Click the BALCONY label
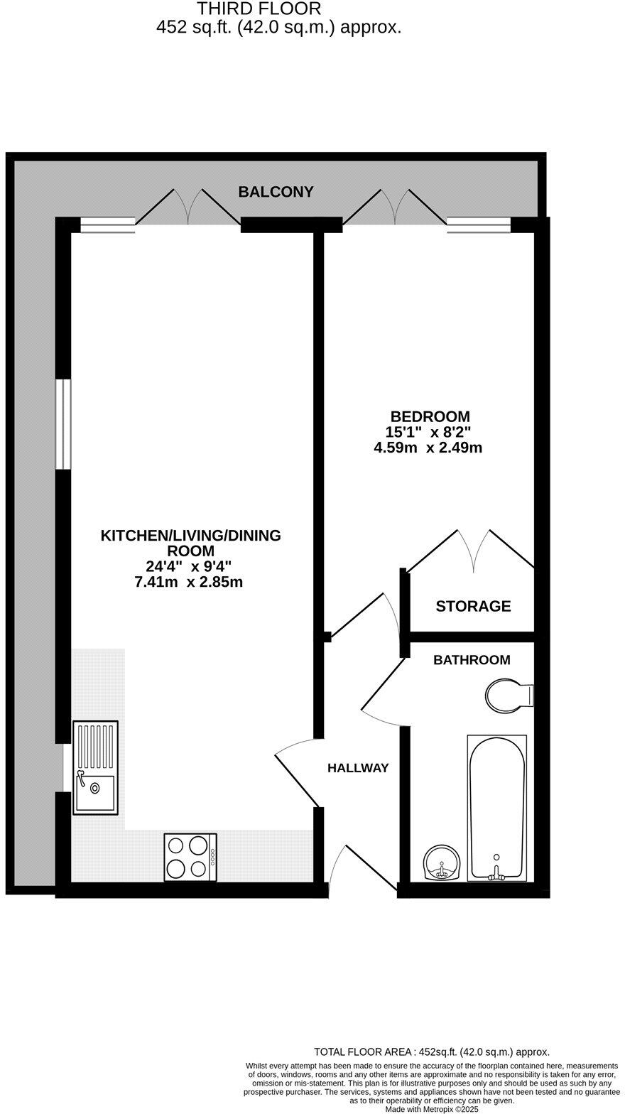[x=276, y=192]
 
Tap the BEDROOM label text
[x=430, y=416]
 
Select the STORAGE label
[x=473, y=606]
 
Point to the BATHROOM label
[x=472, y=660]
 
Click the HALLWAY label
[x=358, y=768]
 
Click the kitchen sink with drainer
[x=95, y=767]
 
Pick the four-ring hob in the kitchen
[x=190, y=857]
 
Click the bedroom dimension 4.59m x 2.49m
[x=428, y=448]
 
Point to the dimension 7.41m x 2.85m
[x=189, y=583]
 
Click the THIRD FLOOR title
[x=259, y=9]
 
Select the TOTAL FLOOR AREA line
[x=431, y=1052]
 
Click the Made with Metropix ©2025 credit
[x=432, y=1109]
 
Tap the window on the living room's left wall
[x=63, y=424]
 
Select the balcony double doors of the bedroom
[x=396, y=207]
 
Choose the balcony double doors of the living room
[x=188, y=207]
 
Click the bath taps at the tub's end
[x=496, y=870]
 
